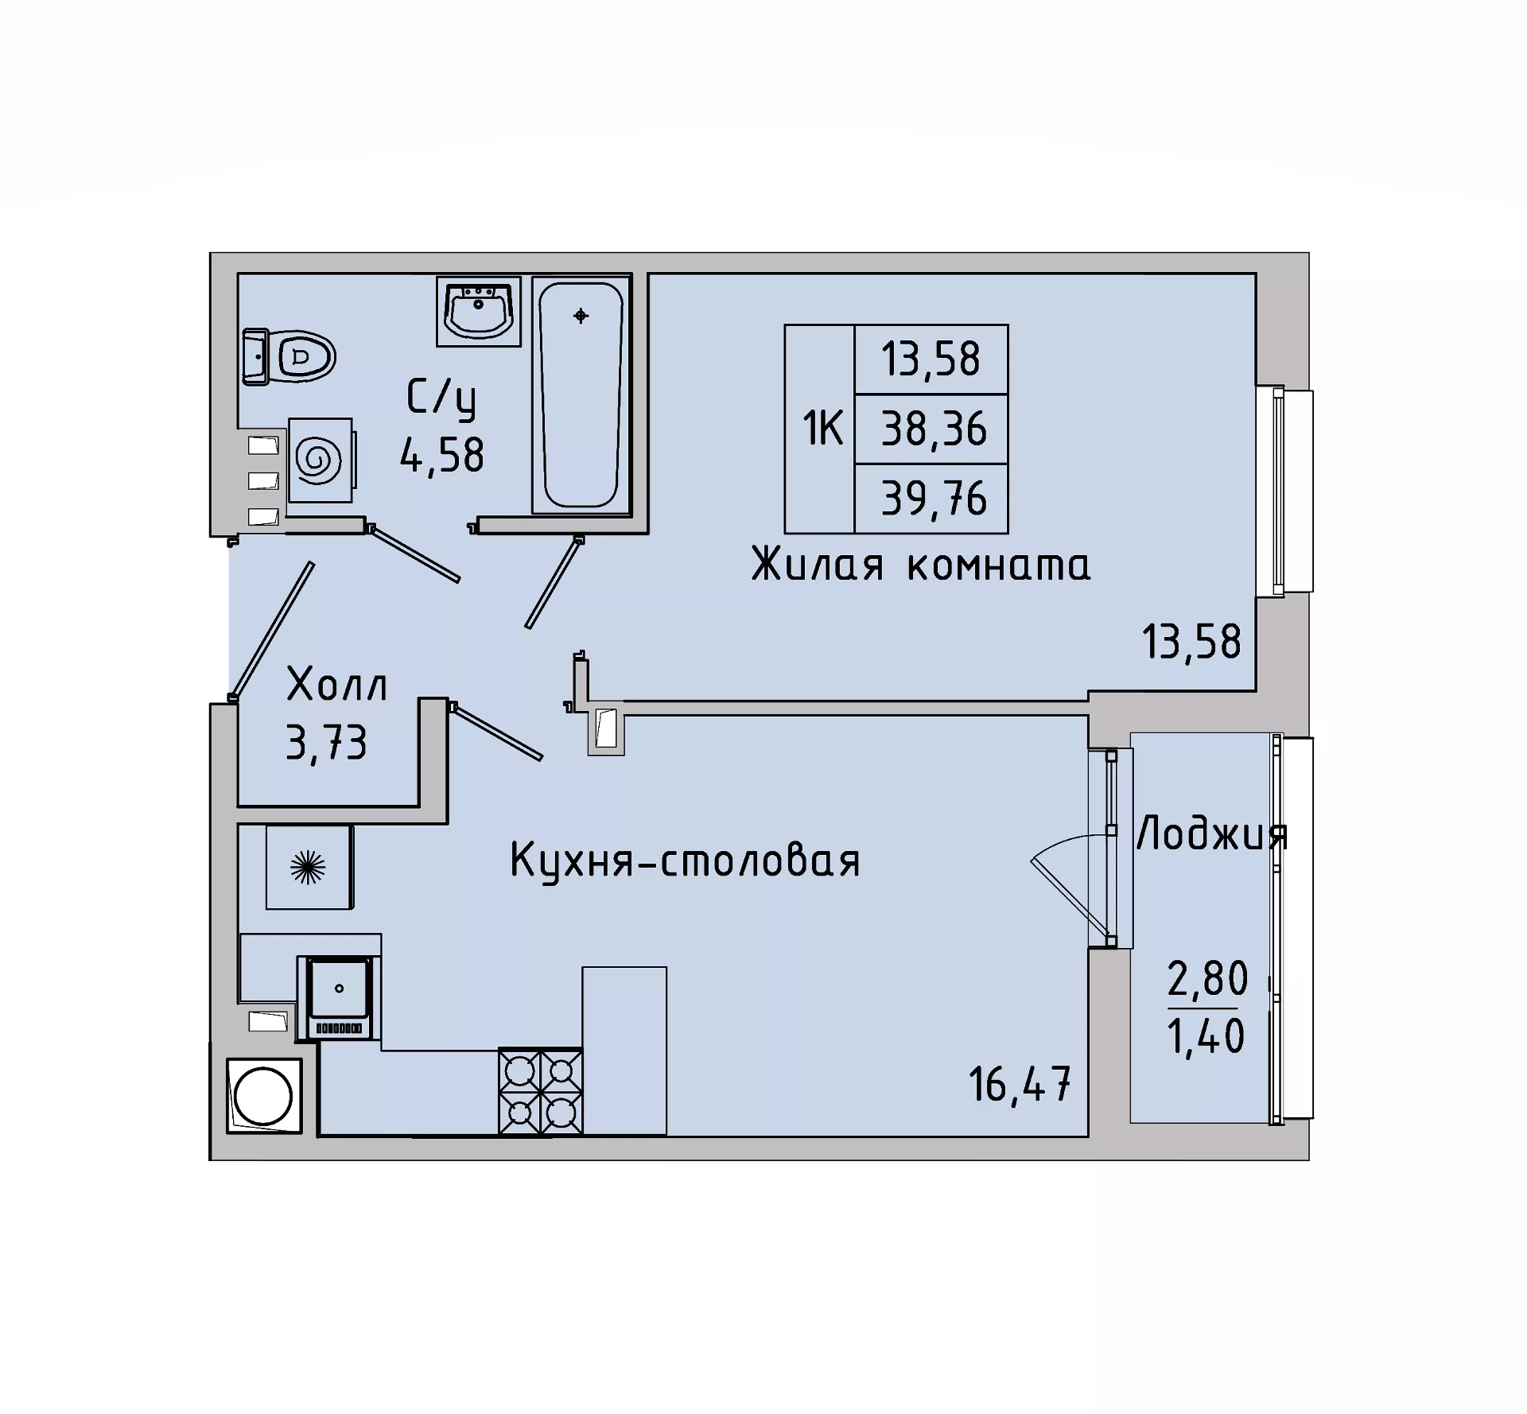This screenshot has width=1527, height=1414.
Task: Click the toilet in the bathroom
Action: point(289,357)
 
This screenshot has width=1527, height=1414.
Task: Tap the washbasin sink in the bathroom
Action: point(478,311)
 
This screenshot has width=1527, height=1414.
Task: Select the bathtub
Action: point(581,395)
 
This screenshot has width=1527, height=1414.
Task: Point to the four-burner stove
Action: point(541,1090)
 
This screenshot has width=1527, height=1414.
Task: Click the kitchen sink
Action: point(339,997)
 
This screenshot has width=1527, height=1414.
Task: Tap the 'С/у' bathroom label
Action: point(441,398)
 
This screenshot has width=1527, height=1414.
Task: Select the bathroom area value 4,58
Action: point(442,456)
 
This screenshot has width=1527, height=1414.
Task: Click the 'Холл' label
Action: point(336,685)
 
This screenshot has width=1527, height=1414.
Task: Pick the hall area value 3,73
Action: point(326,744)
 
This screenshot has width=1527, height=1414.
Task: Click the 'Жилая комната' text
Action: point(921,565)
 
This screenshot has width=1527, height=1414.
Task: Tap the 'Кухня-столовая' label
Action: point(685,860)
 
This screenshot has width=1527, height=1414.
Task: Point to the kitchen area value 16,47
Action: point(1020,1084)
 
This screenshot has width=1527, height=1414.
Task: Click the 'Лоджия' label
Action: point(1212,835)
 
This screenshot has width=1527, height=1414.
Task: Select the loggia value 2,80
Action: point(1207,978)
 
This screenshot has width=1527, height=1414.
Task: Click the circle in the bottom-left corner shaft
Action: point(263,1096)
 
